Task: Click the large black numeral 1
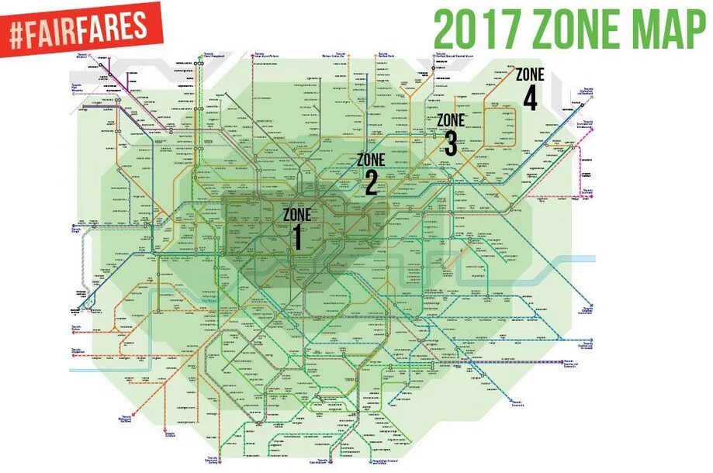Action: [296, 237]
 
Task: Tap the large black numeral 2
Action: [371, 183]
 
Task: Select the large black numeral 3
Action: [451, 143]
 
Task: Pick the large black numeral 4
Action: [531, 98]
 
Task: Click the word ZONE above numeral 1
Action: [296, 215]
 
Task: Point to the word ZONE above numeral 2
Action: [371, 161]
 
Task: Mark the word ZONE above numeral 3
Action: [451, 120]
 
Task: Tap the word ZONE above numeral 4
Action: [531, 75]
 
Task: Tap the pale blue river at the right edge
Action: [582, 259]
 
